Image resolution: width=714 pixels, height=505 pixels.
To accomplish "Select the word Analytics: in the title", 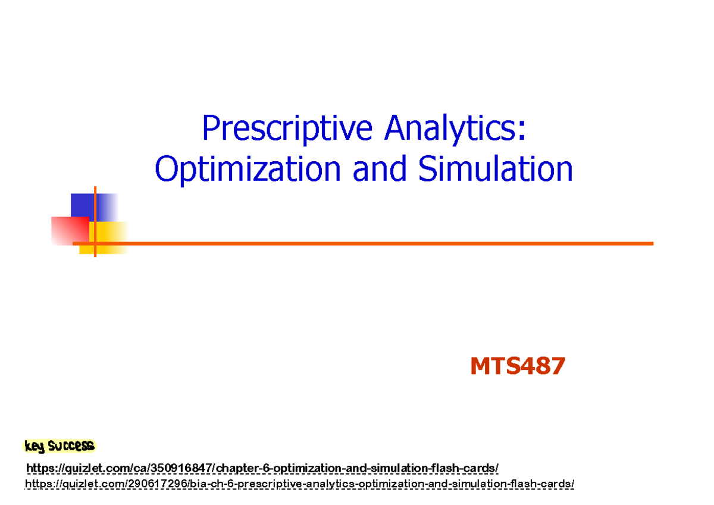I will pos(455,129).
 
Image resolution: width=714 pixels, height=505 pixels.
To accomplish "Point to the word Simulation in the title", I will pos(495,170).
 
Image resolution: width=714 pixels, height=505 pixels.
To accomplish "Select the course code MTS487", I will pos(517,366).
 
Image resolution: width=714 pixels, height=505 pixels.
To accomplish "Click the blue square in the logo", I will pos(83,205).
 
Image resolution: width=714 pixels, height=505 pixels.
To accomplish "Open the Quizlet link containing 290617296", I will pos(299,484).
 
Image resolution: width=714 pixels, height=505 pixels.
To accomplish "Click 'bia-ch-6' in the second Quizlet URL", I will pos(212,484).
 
